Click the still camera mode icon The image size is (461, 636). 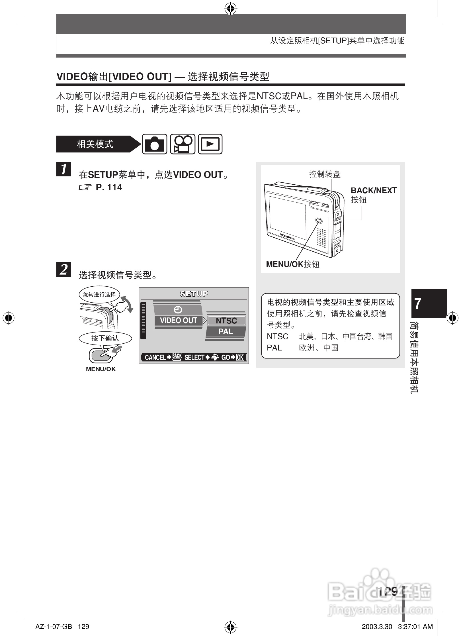(154, 144)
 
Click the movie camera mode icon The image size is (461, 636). (183, 144)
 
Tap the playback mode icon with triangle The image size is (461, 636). (210, 144)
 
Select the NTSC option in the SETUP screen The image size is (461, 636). (226, 321)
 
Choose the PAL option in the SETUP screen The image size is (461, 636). (226, 332)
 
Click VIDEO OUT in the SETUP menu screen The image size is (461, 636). (179, 320)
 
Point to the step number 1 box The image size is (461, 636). (63, 169)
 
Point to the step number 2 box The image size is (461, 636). (63, 269)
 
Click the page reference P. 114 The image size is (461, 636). (108, 187)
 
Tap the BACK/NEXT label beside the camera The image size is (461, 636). (374, 190)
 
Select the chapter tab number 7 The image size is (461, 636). (418, 303)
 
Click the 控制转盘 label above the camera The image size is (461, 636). (325, 174)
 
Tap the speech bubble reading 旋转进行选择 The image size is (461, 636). (99, 294)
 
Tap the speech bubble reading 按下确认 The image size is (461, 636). (105, 338)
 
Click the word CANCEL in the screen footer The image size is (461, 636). (155, 357)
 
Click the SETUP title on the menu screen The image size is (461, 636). (194, 294)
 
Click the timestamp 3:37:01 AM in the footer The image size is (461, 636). (415, 626)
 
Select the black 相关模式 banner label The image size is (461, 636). (95, 144)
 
